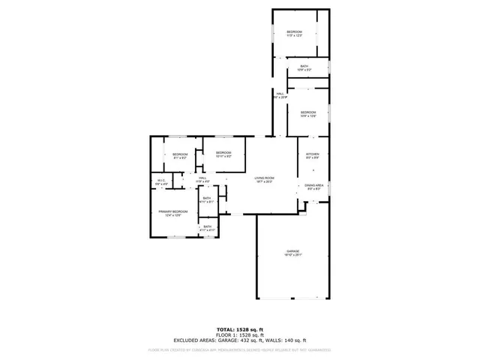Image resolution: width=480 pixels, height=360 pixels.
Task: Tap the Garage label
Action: [x=292, y=251]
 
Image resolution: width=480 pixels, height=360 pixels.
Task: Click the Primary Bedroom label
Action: [x=173, y=213]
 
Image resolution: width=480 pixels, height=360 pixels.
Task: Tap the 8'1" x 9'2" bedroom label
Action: [x=180, y=155]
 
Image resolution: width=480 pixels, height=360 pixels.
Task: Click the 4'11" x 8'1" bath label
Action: [x=207, y=199]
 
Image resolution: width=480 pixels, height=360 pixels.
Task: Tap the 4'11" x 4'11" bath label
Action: [x=207, y=227]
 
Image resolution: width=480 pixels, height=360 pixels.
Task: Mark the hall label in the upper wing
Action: [x=279, y=94]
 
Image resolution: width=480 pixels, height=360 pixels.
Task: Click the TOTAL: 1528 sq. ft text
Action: [x=240, y=329]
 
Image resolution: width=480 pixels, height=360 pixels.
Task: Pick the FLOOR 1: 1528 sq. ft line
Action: [x=240, y=334]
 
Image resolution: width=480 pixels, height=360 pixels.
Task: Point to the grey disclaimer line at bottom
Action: [x=240, y=349]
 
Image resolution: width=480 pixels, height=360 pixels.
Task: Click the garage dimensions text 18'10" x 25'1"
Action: [x=292, y=255]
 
